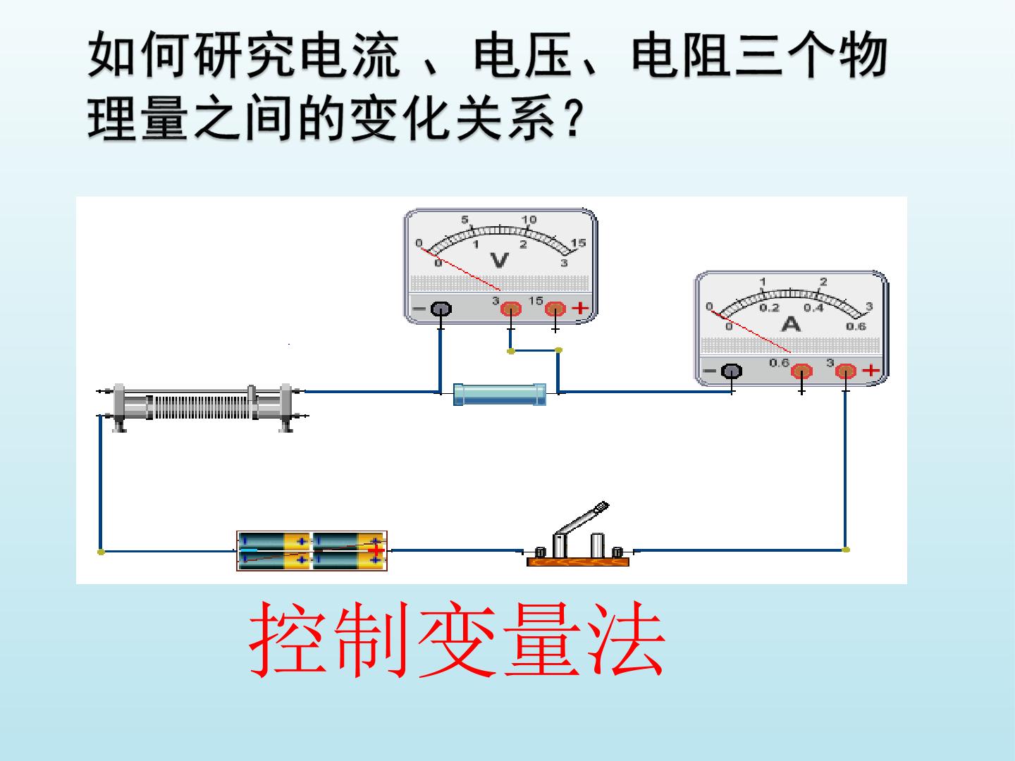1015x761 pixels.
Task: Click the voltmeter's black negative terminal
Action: tap(441, 309)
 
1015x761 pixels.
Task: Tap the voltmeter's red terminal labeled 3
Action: tap(511, 308)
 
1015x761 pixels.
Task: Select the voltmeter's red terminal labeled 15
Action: tap(555, 308)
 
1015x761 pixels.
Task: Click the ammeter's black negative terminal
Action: tap(732, 371)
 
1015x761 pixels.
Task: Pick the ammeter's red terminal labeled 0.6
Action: tap(801, 371)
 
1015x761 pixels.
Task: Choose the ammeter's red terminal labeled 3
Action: tap(846, 371)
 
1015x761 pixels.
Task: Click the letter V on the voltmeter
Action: tap(500, 261)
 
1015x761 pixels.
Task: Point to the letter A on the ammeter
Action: tap(791, 324)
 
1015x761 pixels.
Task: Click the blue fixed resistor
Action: tap(500, 394)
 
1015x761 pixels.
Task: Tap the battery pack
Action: tap(312, 551)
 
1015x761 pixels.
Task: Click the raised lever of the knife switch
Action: tap(582, 519)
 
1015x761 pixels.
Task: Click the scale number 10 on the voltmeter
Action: tap(529, 219)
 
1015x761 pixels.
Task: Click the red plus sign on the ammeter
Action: tap(871, 370)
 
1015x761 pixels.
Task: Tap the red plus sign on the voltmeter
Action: tap(581, 308)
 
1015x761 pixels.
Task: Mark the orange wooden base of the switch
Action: tap(578, 562)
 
